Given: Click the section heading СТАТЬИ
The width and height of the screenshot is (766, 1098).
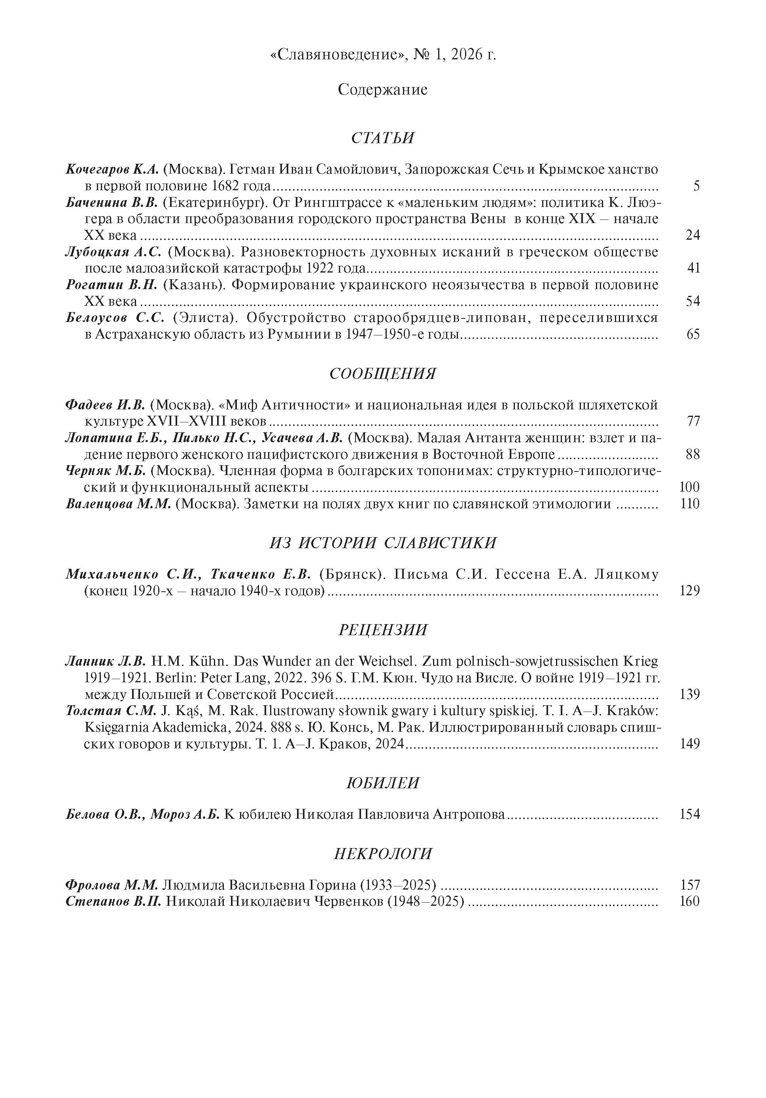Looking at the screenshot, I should [x=382, y=138].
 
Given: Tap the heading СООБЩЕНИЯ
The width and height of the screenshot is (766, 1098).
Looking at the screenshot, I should [x=382, y=373].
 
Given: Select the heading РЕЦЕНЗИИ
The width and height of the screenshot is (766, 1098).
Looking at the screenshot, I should [x=382, y=630].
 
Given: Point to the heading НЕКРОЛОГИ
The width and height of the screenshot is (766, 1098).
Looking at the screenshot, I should [x=382, y=854].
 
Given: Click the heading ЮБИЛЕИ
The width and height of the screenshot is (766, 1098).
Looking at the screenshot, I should [x=382, y=783].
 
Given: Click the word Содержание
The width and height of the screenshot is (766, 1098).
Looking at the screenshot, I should [x=382, y=89].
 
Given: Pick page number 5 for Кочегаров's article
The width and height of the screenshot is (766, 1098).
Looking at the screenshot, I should [x=696, y=186].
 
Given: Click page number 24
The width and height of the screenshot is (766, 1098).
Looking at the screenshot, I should [x=692, y=235].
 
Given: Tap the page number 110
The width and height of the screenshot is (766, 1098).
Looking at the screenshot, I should [x=690, y=504].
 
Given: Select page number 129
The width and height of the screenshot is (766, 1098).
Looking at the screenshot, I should [x=690, y=591].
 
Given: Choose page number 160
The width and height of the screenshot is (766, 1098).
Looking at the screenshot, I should [x=690, y=901].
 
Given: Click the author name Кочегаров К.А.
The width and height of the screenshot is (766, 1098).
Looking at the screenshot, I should [x=112, y=169].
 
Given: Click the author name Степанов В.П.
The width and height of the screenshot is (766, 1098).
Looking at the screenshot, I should [x=114, y=901].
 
